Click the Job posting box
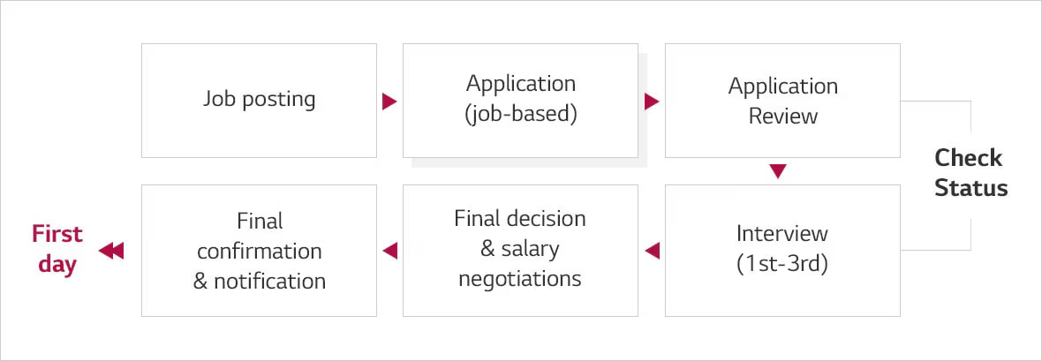[x=259, y=100]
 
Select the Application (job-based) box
[x=520, y=100]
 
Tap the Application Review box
[x=782, y=100]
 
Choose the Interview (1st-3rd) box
[x=782, y=250]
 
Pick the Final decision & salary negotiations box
[x=520, y=250]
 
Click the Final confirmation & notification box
[x=259, y=250]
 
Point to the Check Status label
[x=970, y=173]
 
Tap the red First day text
[x=57, y=249]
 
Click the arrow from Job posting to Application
[x=389, y=102]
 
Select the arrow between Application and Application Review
[x=652, y=102]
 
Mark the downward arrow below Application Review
[x=777, y=171]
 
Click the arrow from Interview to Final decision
[x=652, y=252]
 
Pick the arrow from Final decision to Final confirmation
[x=389, y=252]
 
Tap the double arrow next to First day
[x=111, y=252]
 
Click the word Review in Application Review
[x=783, y=116]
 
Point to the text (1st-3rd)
[x=782, y=265]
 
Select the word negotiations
[x=520, y=279]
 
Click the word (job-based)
[x=520, y=115]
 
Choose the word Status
[x=971, y=188]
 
